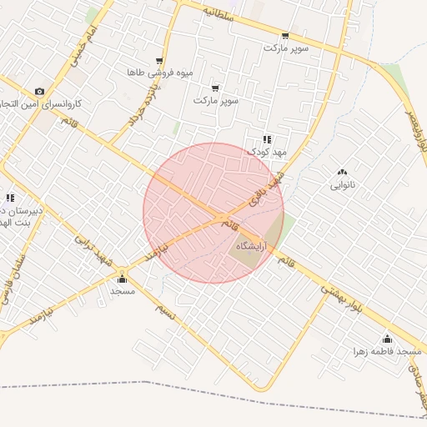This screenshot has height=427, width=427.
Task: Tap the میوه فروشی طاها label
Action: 159,73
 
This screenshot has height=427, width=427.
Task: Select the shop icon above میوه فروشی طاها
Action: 159,61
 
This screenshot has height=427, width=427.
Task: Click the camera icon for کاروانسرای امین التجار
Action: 39,91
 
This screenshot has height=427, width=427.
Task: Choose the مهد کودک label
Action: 266,153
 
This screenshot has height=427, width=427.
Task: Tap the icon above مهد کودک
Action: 266,139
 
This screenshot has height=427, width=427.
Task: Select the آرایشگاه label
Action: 251,247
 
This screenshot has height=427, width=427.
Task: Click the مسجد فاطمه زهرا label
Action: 386,351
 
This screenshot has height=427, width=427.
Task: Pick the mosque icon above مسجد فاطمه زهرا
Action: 387,339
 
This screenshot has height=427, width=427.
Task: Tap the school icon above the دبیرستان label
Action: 10,198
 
